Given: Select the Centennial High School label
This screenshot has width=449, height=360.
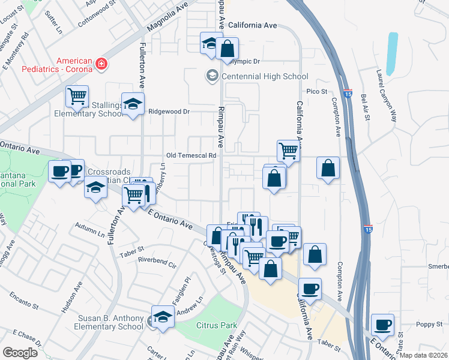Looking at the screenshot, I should click(265, 76).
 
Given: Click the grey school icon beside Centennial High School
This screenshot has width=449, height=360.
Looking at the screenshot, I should click(212, 76).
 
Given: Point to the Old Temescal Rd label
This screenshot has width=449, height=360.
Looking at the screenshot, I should click(191, 155).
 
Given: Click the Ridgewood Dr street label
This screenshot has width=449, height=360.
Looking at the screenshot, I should click(169, 112).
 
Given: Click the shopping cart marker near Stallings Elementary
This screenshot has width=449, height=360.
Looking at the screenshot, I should click(77, 95).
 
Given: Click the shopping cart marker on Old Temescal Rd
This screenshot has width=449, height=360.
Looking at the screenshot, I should click(288, 150).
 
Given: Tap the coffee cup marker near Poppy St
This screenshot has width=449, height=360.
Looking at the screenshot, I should click(382, 325).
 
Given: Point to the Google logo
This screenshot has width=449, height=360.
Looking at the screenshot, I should click(20, 353).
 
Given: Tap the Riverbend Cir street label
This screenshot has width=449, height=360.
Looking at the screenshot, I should click(157, 263).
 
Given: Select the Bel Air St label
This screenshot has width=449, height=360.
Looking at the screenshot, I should click(365, 105).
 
